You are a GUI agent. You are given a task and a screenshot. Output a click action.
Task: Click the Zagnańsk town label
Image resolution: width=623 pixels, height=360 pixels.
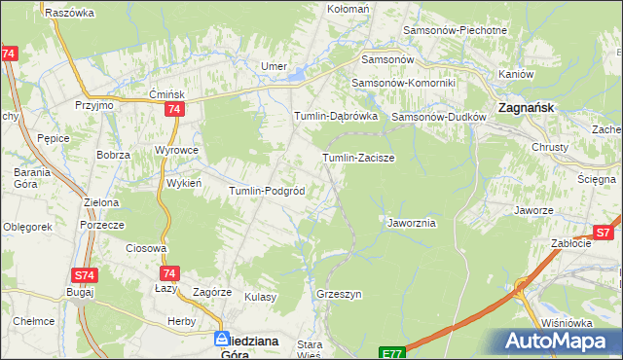click(527, 109)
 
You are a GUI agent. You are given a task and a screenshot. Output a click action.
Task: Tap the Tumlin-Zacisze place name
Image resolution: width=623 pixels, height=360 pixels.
click(357, 157)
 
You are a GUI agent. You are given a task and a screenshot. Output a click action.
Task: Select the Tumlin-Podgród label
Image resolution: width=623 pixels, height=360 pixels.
click(268, 191)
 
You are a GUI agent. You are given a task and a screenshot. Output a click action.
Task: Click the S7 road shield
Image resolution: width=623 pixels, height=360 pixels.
click(604, 233)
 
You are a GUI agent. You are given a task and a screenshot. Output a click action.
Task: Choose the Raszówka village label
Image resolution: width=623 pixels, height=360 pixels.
click(69, 13)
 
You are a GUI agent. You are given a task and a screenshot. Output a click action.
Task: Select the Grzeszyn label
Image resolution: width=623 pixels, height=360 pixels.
click(339, 293)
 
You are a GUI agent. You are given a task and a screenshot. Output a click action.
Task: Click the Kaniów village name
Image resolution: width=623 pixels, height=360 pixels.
click(516, 74)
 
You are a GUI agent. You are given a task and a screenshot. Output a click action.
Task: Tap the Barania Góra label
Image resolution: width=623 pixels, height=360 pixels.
click(24, 178)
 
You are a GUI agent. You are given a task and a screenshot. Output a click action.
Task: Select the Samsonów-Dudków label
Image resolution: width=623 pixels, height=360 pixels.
click(437, 118)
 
